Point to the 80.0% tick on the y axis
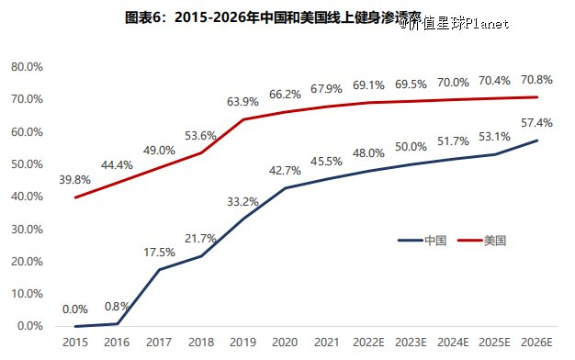tap(27, 67)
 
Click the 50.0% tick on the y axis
tap(27, 164)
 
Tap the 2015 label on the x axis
tap(75, 343)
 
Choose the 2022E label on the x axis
tap(369, 343)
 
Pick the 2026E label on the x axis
tap(537, 343)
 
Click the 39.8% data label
tap(74, 180)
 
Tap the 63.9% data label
tap(242, 101)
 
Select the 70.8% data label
tap(536, 79)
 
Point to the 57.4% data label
tap(536, 122)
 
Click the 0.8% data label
tap(117, 306)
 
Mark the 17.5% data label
tap(159, 252)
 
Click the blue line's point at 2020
tap(285, 188)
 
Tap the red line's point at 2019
tap(242, 119)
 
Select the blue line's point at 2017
tap(159, 269)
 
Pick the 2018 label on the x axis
tap(201, 343)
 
